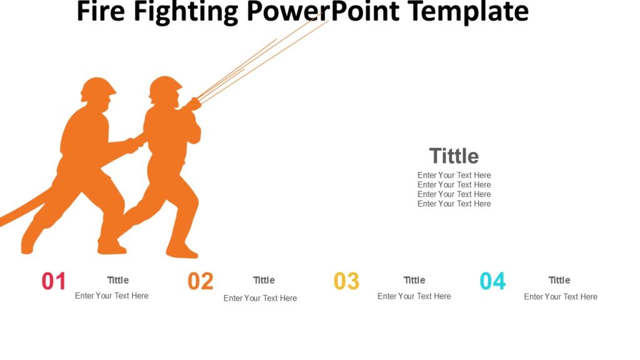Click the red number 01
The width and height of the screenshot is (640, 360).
[x=54, y=281]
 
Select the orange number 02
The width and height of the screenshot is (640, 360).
[x=201, y=281]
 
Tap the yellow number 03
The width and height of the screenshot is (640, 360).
[x=346, y=281]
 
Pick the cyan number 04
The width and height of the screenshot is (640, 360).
[x=492, y=281]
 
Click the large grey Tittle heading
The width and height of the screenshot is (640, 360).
[x=454, y=156]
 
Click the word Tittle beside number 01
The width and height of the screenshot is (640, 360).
[x=117, y=280]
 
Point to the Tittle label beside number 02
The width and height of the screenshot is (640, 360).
[x=264, y=280]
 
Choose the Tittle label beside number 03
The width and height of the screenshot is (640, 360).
[x=414, y=280]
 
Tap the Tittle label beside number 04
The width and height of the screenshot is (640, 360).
[x=559, y=280]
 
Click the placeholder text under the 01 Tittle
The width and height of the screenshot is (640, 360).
[x=112, y=296]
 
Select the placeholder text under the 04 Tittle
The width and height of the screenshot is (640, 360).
[x=561, y=297]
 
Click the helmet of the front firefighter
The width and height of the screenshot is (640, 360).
[x=166, y=85]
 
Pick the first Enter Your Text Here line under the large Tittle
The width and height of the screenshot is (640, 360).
[x=454, y=175]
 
